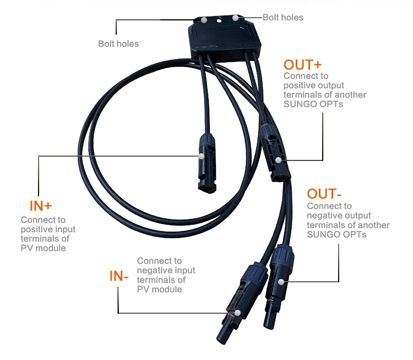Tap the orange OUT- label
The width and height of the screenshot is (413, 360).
pos(324,194)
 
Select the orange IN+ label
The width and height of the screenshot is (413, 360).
pos(40,206)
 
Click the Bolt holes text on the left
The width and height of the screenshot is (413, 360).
pos(118,43)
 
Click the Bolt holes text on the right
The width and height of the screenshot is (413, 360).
pos(282,17)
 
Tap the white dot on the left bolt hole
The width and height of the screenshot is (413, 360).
pos(204,19)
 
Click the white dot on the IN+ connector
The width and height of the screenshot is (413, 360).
pos(202,156)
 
